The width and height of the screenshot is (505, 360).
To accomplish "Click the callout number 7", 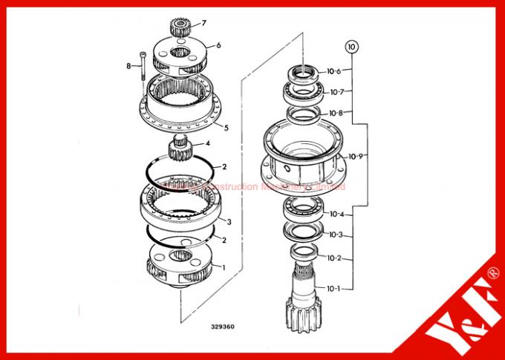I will [x=204, y=24].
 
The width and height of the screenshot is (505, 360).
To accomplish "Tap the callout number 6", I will [x=218, y=45].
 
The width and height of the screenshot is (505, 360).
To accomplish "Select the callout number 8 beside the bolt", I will [x=128, y=66].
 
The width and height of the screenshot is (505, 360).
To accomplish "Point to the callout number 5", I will [x=226, y=127].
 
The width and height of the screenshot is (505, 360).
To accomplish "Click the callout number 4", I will [x=207, y=143].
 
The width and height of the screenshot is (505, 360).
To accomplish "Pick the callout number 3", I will [x=230, y=222].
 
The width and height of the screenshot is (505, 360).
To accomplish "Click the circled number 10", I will [x=351, y=46].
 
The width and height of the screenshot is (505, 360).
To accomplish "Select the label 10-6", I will [x=334, y=71].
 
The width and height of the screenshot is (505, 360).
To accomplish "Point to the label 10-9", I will [x=335, y=156].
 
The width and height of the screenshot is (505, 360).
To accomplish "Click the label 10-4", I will [x=336, y=215].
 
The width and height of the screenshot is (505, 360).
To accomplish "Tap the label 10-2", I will [x=336, y=258].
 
